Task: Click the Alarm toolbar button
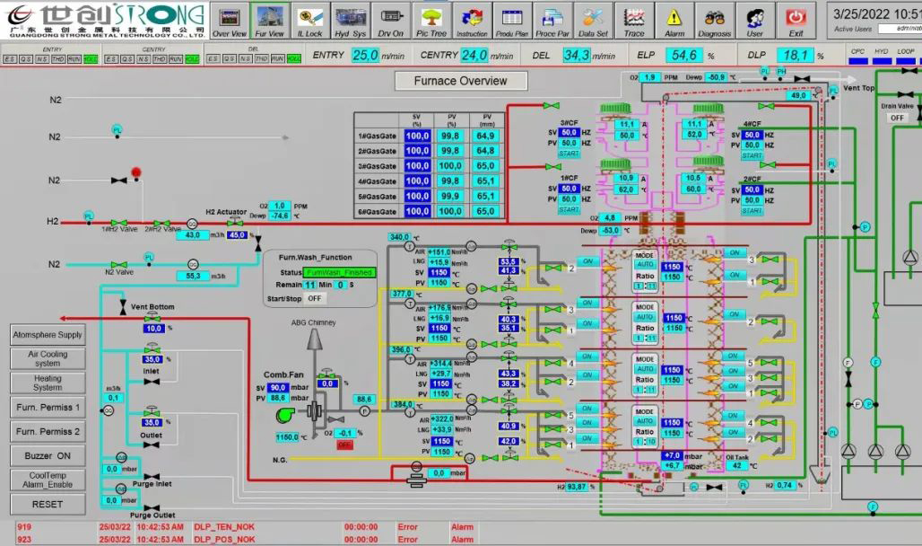[674, 21]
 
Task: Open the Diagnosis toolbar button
[714, 21]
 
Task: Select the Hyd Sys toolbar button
[349, 21]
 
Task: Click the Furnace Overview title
[460, 81]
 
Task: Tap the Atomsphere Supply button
[48, 335]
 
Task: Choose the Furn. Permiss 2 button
[48, 432]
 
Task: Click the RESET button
[48, 505]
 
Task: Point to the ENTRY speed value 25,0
[364, 55]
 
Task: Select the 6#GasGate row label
[377, 212]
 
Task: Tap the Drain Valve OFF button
[897, 118]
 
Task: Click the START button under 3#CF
[569, 154]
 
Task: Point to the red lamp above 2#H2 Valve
[137, 171]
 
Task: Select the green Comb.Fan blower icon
[288, 414]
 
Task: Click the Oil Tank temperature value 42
[736, 465]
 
